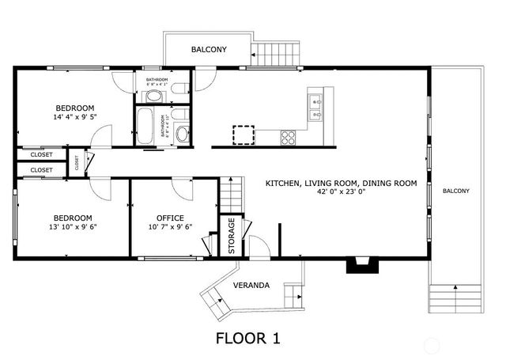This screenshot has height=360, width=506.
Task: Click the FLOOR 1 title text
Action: [x=247, y=339]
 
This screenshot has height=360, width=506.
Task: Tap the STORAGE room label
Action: [x=232, y=236]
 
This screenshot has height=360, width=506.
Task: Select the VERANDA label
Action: [x=251, y=285]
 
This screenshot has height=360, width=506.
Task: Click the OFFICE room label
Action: [x=170, y=218]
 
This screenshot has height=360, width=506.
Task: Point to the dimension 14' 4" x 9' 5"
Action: [x=74, y=117]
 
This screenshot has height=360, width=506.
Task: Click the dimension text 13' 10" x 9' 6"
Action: [x=73, y=227]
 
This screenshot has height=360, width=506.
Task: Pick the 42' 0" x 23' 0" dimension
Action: [x=341, y=191]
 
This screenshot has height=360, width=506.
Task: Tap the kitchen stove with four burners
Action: [x=289, y=138]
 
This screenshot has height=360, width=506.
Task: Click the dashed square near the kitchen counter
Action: [x=244, y=135]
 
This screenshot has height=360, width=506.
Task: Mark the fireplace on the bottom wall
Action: [x=360, y=265]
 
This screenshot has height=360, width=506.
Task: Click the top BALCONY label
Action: [x=209, y=50]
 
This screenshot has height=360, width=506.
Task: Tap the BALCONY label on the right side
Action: [x=455, y=191]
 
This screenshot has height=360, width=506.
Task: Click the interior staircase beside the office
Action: [x=229, y=194]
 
